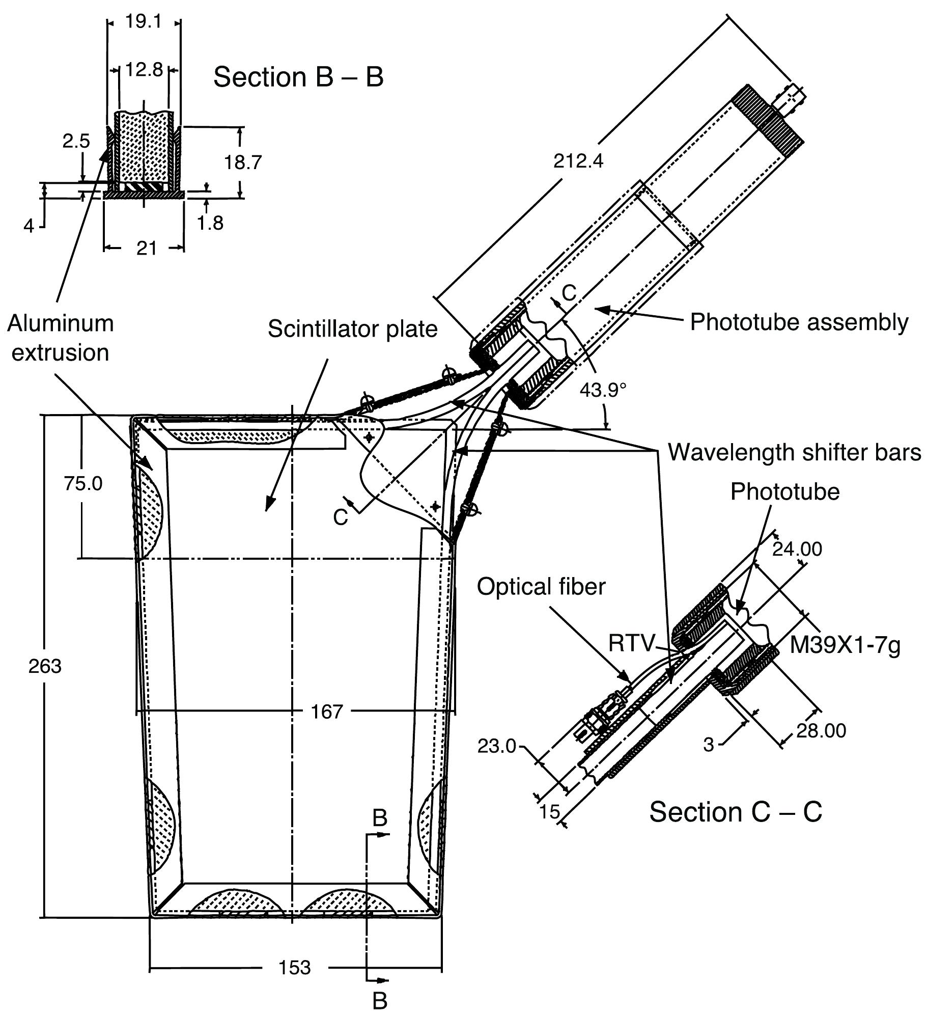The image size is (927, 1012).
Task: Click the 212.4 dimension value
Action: [x=578, y=161]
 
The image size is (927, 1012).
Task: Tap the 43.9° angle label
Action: [x=603, y=390]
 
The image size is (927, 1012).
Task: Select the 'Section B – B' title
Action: [x=298, y=77]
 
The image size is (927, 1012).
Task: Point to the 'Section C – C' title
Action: [x=736, y=812]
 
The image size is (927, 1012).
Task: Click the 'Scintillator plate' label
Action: [x=353, y=329]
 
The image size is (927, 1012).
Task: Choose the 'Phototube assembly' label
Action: [x=799, y=322]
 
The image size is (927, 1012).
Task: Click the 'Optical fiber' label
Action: [x=541, y=587]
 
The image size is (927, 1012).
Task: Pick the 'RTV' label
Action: [x=631, y=644]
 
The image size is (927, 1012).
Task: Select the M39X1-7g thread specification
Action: [x=845, y=646]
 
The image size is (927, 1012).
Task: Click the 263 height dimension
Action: [x=45, y=666]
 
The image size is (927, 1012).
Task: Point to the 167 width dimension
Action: [x=327, y=712]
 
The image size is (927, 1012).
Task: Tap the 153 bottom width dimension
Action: [x=295, y=968]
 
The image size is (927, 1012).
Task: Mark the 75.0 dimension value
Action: [x=83, y=484]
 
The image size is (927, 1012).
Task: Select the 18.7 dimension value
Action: [x=243, y=162]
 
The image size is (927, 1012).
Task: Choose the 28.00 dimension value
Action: [x=821, y=730]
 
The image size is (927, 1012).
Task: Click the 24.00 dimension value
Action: [x=797, y=549]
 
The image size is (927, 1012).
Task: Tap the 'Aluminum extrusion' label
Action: [x=61, y=338]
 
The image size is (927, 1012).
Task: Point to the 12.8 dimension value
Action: [x=145, y=69]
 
